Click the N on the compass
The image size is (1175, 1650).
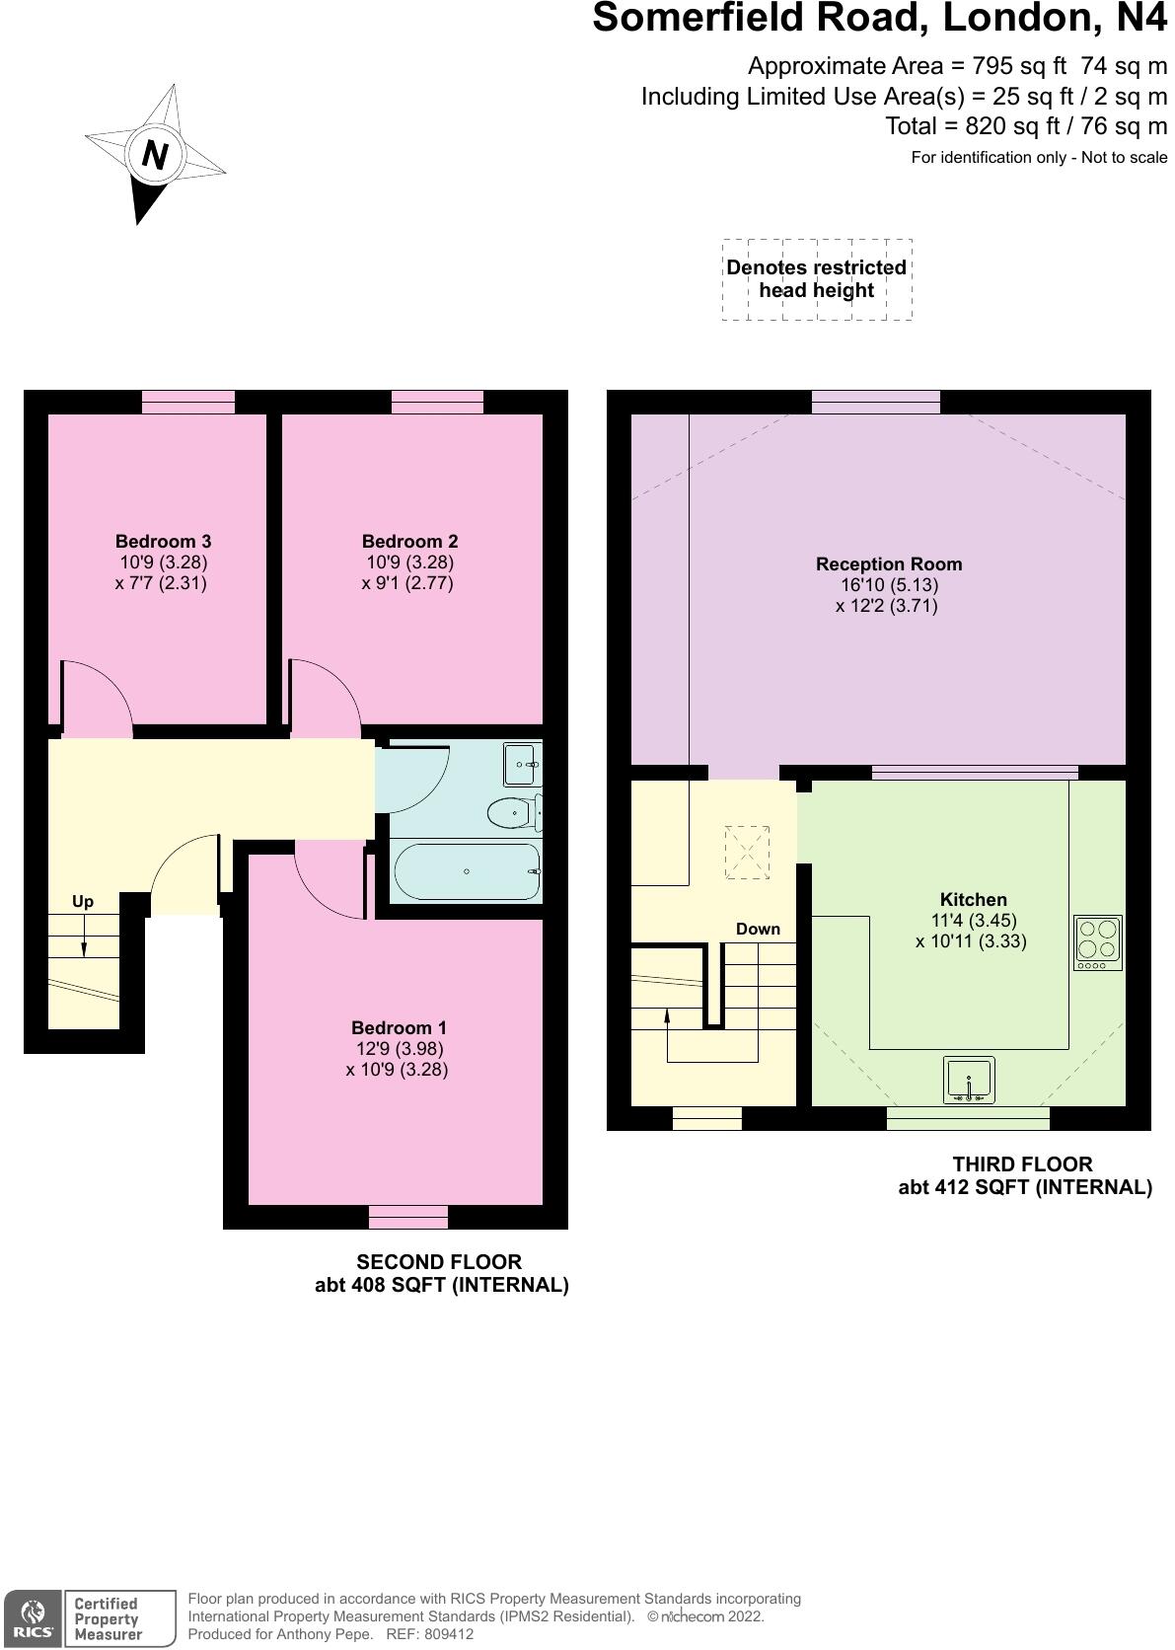(155, 155)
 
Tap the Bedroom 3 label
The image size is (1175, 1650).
(163, 542)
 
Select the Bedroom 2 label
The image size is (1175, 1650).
(409, 542)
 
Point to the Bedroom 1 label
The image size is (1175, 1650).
(399, 1027)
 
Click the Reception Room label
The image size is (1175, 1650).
(889, 564)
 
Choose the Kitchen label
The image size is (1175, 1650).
(974, 899)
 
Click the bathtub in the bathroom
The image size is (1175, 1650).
(467, 871)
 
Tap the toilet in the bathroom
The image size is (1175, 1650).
(515, 812)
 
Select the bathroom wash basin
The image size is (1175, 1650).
(522, 765)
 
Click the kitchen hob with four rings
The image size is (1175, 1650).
(1097, 942)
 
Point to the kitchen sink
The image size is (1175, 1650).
(969, 1081)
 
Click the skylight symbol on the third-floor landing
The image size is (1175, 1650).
(747, 853)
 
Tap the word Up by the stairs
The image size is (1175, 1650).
(83, 902)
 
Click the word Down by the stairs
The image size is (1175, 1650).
(758, 929)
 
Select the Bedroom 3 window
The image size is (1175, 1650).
(187, 403)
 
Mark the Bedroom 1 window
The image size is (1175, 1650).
(407, 1217)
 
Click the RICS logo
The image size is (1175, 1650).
(33, 1619)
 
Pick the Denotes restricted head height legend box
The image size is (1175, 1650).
(817, 279)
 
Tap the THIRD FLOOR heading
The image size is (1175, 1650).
(1023, 1164)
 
